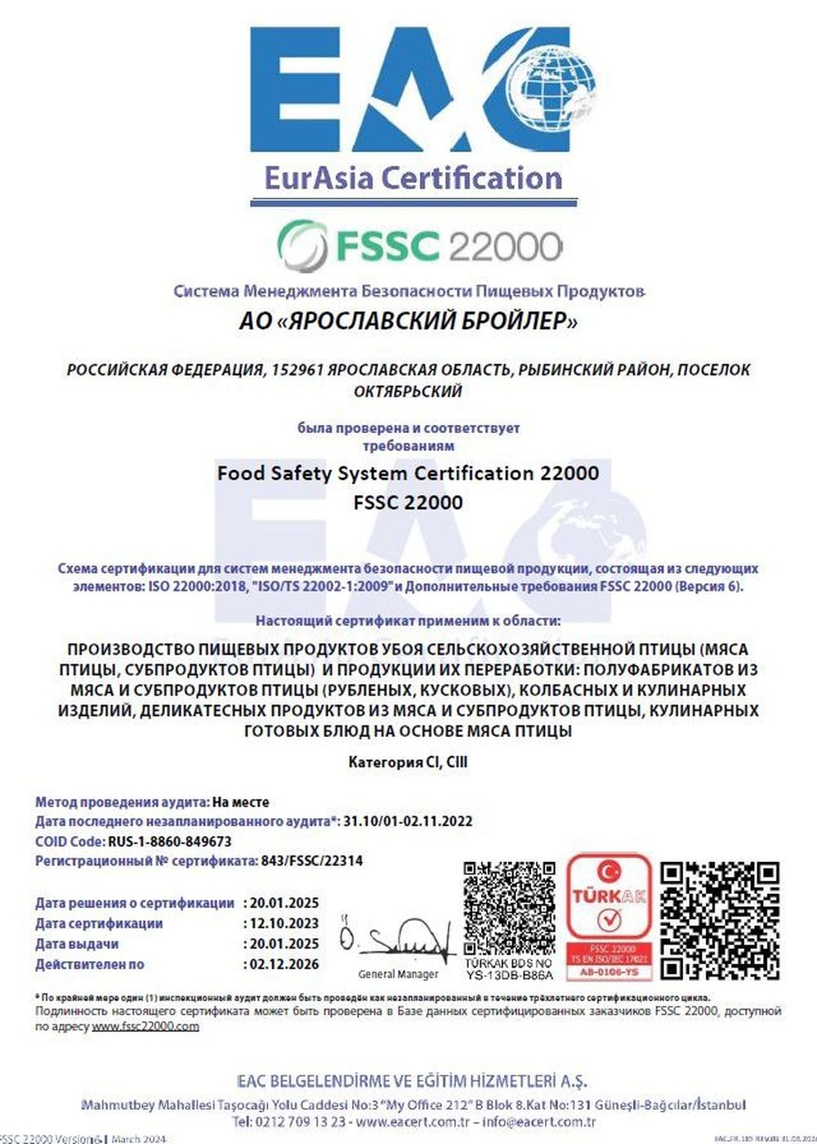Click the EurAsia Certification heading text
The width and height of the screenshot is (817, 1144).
coord(413,178)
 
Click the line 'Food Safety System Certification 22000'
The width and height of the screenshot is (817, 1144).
coord(408,473)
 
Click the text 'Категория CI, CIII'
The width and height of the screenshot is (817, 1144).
coord(408,762)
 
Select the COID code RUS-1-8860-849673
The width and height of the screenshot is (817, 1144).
coord(169,841)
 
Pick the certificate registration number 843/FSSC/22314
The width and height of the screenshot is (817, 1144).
coord(310,860)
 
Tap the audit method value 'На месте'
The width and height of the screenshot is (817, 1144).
coord(240,802)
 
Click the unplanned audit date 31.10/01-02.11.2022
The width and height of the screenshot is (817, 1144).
coord(408,821)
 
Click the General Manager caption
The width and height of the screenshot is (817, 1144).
coord(398,974)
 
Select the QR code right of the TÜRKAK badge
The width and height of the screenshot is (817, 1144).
coord(719,919)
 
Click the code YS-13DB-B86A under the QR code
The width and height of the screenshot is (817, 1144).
coord(510,975)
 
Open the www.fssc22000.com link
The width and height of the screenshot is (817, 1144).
coord(145,1026)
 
